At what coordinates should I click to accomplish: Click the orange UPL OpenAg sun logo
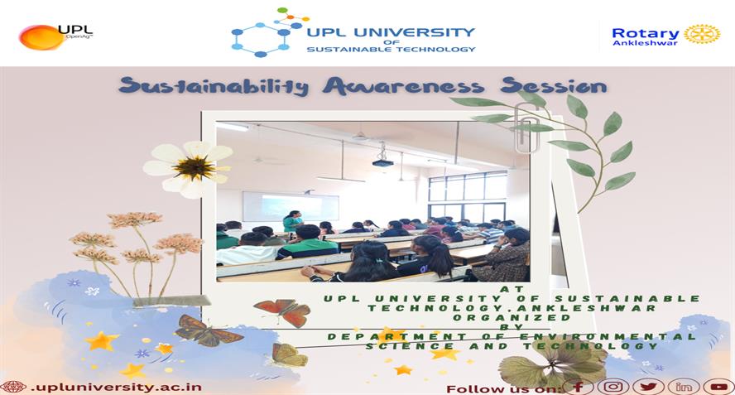click(x=41, y=37)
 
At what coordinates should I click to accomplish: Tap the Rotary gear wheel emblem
click(x=702, y=34)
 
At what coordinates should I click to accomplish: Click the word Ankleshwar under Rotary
click(x=645, y=43)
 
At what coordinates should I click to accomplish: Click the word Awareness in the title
click(x=403, y=86)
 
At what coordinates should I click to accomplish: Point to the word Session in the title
click(x=553, y=86)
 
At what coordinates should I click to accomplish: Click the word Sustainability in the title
click(x=214, y=87)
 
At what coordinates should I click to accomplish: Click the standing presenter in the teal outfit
click(x=293, y=221)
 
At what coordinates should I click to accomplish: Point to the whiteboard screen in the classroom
click(x=291, y=207)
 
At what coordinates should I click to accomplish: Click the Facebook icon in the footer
click(x=578, y=387)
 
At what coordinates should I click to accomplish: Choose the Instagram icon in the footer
click(x=613, y=387)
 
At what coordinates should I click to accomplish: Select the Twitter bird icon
click(x=648, y=387)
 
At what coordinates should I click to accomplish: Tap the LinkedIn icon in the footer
click(x=684, y=387)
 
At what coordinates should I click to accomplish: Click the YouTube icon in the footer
click(x=718, y=387)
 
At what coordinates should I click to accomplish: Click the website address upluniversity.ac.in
click(x=116, y=387)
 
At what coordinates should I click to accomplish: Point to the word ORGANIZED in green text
click(x=512, y=318)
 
